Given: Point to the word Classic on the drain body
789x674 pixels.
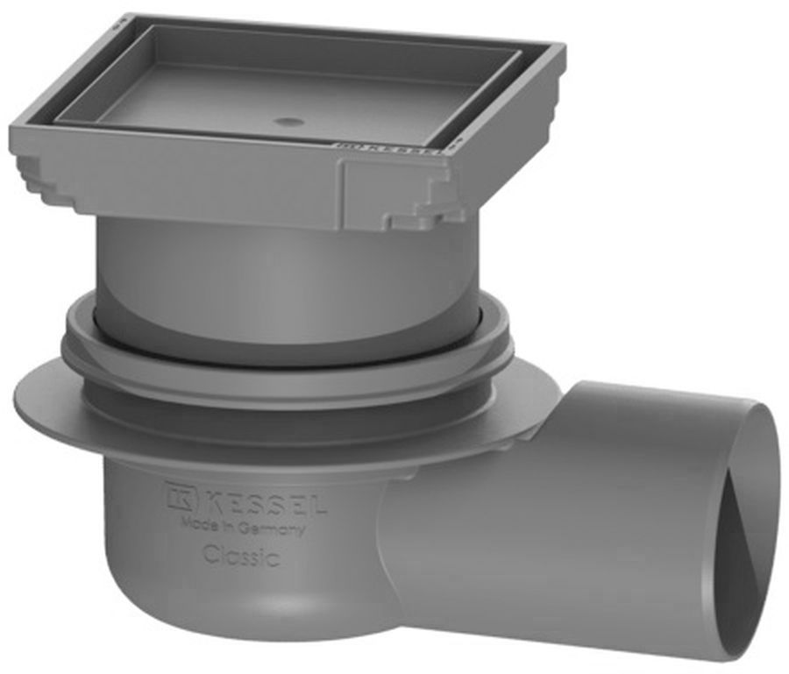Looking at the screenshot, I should [x=242, y=556].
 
